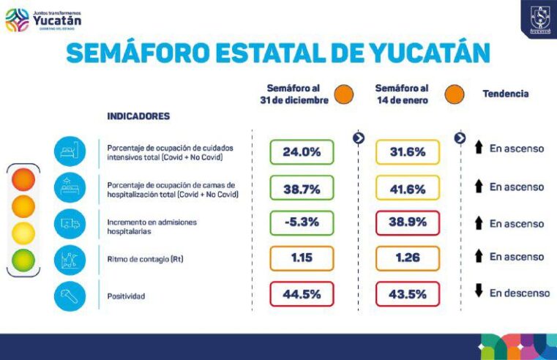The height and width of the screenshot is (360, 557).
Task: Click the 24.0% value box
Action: pos(302,152)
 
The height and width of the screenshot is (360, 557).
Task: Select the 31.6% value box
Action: pos(408,152)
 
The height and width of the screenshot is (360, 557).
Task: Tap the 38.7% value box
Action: pos(302,188)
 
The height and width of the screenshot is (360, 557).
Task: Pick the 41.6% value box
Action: pos(408,188)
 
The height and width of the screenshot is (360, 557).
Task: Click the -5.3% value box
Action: pos(302,222)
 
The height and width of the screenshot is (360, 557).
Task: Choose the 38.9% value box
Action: pos(408,222)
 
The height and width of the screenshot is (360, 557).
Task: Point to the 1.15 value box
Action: pos(302,258)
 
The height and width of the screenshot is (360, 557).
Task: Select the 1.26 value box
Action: pos(408,258)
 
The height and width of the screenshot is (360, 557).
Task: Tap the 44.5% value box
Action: pos(302,293)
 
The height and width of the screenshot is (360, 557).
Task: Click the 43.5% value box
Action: pos(408,293)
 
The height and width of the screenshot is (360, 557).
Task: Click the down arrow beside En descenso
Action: pos(479,292)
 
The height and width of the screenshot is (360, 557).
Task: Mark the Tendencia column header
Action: pos(505,94)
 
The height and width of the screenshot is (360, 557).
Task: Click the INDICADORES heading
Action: pos(138,116)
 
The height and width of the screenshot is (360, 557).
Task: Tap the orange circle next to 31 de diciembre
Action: pos(343,94)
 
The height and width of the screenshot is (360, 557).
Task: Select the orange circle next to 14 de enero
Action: pos(453,94)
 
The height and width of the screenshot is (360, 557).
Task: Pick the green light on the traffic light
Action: pos(23,260)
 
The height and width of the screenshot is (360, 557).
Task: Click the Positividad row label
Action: pos(127,296)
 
